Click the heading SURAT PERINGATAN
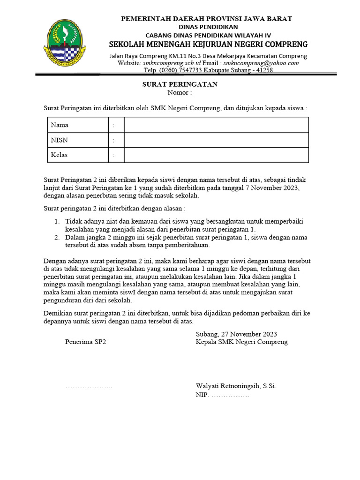click(180, 84)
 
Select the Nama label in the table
click(60, 125)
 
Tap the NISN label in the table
click(59, 140)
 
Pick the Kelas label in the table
click(59, 155)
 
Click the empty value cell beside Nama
click(216, 125)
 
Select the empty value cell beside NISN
click(216, 140)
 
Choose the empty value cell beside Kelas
click(216, 155)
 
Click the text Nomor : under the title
click(180, 92)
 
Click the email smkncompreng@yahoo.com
click(261, 63)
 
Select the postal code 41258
click(263, 70)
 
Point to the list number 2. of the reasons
click(56, 238)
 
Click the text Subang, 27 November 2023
click(236, 334)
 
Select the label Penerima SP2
click(86, 342)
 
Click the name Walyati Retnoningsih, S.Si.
click(236, 387)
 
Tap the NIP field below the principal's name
click(222, 395)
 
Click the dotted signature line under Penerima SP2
click(89, 387)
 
